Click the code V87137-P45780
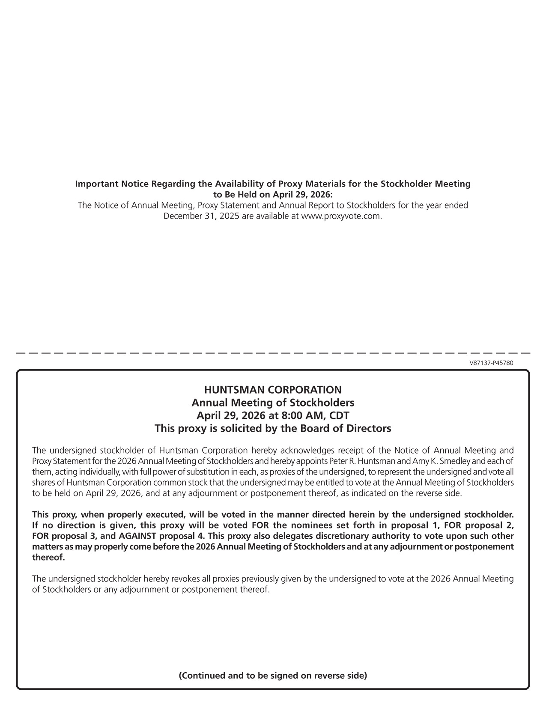[x=491, y=363]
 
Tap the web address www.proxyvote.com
[x=341, y=216]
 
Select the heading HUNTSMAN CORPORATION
[x=273, y=390]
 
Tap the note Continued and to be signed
[x=273, y=676]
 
